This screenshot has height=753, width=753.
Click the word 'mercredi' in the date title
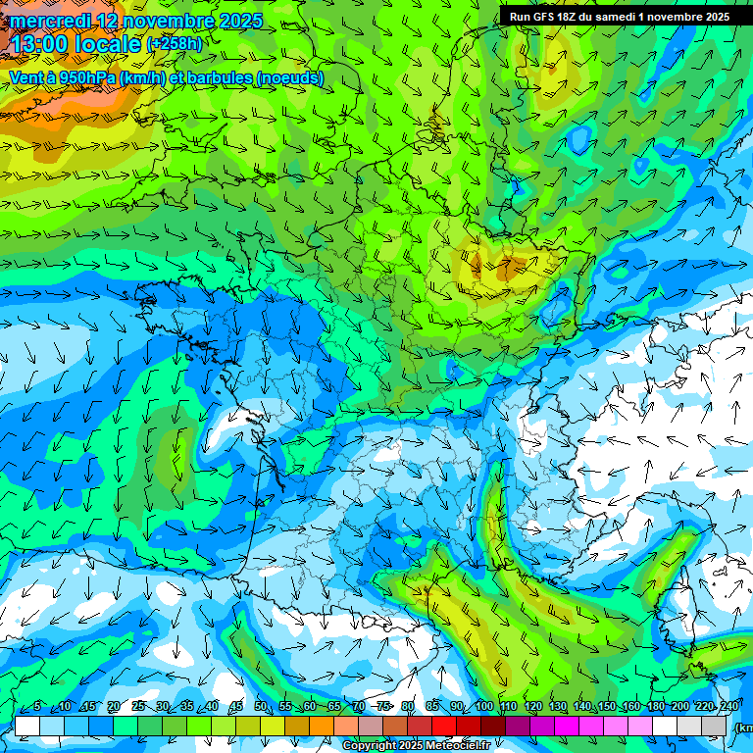pos(49,21)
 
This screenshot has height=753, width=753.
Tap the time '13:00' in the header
pos(38,45)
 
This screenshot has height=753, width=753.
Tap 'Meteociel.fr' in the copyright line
pos(456,746)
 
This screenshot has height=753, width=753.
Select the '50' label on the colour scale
pos(261,707)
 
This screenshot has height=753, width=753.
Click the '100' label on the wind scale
pos(483,707)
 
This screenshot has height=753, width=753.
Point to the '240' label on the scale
pos(728,707)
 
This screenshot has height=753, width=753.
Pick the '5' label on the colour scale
pos(37,707)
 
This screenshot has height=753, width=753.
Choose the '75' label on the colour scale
pos(383,707)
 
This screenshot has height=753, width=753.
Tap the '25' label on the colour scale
pos(137,707)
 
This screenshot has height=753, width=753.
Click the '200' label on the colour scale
pos(680,707)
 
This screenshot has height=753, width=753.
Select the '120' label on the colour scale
pos(533,707)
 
